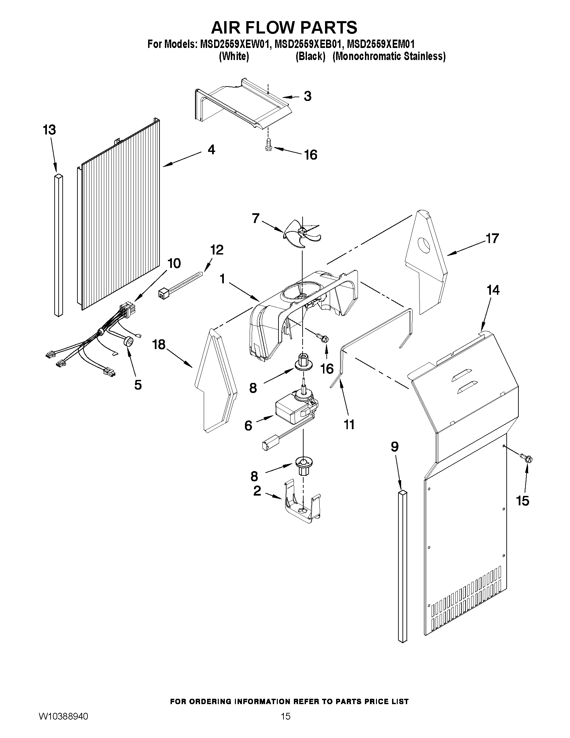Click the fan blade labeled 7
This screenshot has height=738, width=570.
pyautogui.click(x=302, y=233)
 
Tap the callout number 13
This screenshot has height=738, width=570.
pyautogui.click(x=49, y=130)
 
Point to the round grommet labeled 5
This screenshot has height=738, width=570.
pyautogui.click(x=128, y=342)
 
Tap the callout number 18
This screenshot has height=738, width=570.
pyautogui.click(x=159, y=345)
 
